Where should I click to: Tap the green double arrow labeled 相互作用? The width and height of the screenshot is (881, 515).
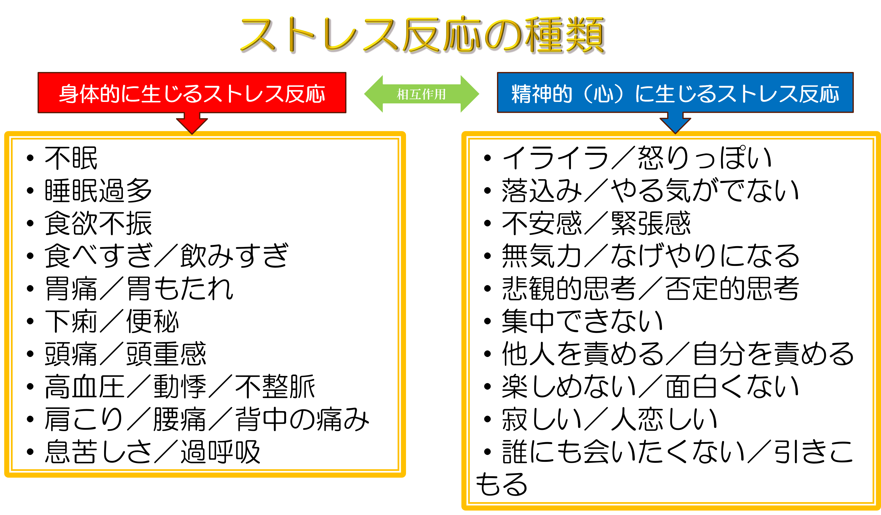tap(422, 94)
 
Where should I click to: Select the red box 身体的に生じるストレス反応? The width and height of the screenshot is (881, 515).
tap(192, 93)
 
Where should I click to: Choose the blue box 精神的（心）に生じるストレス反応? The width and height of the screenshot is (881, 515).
tap(675, 93)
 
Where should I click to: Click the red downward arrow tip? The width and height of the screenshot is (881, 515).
tap(192, 134)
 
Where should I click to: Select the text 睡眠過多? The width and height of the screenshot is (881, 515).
tap(98, 190)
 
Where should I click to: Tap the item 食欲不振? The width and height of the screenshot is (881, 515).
tap(98, 223)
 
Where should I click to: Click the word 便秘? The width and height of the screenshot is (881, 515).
tap(152, 321)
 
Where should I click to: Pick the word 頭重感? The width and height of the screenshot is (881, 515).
tap(166, 354)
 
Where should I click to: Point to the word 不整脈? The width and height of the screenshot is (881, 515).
tap(275, 386)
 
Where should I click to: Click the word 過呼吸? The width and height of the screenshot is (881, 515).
tap(221, 452)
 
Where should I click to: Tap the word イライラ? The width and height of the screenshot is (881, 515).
tap(555, 158)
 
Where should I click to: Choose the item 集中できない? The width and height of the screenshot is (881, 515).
tap(583, 321)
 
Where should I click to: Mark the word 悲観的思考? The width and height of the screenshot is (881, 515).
tap(569, 288)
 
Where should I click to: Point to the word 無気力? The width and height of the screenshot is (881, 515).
tap(542, 256)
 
